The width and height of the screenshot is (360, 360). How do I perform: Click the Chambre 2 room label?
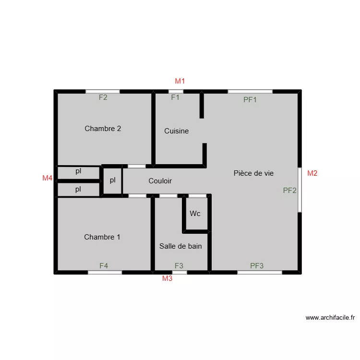coord(103,129)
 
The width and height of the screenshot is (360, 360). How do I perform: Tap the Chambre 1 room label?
coord(102,237)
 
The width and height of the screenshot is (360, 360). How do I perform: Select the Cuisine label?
coord(177,131)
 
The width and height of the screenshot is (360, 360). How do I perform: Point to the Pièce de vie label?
coord(254,173)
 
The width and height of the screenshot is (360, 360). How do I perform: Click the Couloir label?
coord(160,181)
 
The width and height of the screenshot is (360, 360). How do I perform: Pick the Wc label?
coord(195,214)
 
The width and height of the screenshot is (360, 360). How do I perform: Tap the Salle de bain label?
coord(180,246)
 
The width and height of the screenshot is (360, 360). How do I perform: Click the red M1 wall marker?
coord(180,81)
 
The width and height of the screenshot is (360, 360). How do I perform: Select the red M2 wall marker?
coord(312,173)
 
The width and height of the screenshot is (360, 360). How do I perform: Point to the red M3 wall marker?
coord(167,278)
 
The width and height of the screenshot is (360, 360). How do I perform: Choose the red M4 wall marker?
coord(47,178)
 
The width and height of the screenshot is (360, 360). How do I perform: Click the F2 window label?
coord(103,97)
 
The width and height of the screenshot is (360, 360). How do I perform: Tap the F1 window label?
coord(175,97)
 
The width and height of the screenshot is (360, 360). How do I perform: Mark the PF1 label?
coord(250,100)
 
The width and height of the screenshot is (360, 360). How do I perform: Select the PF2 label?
coord(290,190)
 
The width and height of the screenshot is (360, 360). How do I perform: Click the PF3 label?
coord(257,265)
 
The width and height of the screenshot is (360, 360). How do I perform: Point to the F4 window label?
coord(104,265)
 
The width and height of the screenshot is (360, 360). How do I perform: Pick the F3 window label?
coord(179,265)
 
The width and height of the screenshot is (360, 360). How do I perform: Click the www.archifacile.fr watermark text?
coord(330,318)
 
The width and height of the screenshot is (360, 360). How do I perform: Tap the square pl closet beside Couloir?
coord(113,180)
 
